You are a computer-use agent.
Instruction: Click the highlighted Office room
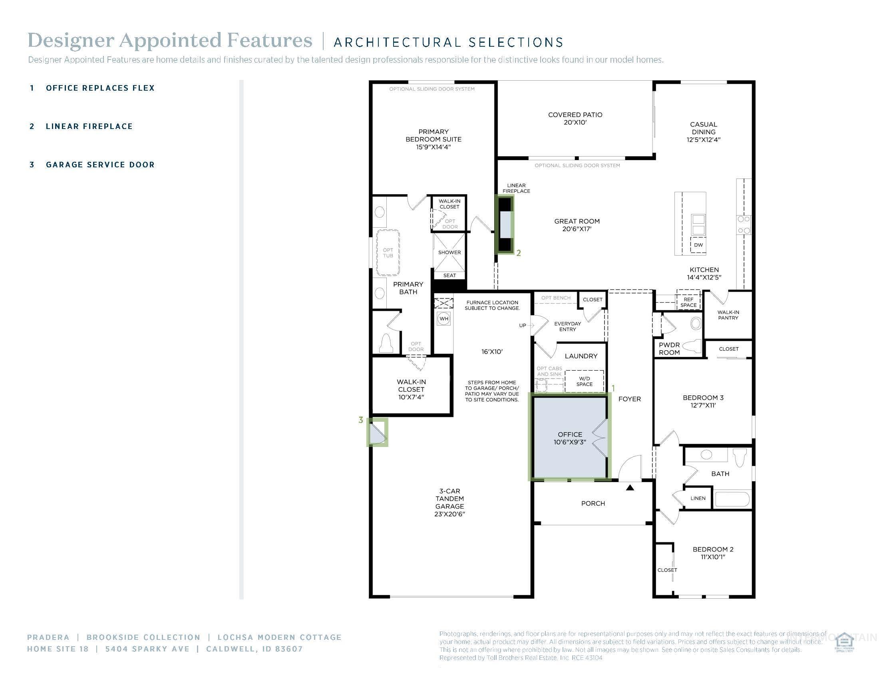pos(569,439)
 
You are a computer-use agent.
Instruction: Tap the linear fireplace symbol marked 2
pos(504,224)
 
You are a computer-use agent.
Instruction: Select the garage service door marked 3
pos(377,433)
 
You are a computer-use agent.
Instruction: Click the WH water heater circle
pos(443,319)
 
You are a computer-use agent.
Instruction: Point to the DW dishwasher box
pos(698,245)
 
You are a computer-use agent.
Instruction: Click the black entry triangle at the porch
pos(630,488)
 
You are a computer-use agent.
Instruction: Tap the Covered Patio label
pos(575,118)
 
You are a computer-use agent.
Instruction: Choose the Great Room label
pos(577,225)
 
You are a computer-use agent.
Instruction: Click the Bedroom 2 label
pos(713,553)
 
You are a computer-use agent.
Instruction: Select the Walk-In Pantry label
pos(728,315)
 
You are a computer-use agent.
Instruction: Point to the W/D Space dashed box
pos(585,381)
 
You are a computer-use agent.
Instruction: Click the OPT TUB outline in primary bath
pos(388,252)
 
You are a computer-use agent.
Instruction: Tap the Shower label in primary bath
pos(449,252)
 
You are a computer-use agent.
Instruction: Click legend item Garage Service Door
pos(100,165)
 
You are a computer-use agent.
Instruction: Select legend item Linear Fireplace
pos(89,126)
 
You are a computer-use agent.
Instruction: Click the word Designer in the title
pos(70,41)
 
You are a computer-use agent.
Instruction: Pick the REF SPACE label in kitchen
pos(688,302)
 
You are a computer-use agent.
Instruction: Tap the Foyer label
pos(629,399)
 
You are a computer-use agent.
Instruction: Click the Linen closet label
pos(698,498)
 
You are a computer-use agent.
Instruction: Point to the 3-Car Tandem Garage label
pos(449,502)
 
